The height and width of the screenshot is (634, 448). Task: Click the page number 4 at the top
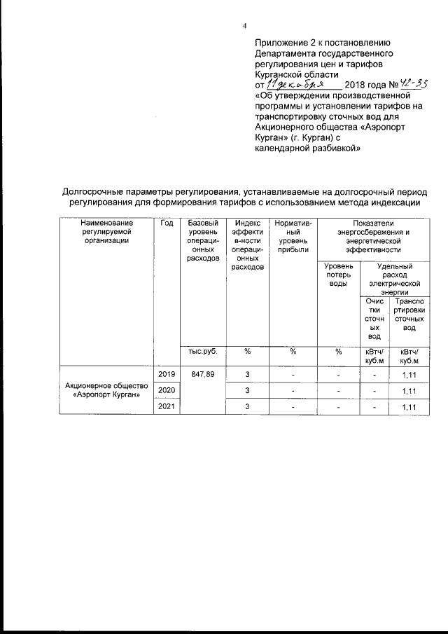(x=244, y=26)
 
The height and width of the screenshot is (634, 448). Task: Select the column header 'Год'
(x=167, y=223)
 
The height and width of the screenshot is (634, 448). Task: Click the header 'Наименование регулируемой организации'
(x=106, y=231)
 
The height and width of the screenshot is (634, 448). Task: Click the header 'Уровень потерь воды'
(x=337, y=275)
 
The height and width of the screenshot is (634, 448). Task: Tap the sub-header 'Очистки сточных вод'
(x=375, y=319)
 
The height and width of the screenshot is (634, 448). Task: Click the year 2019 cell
(x=167, y=375)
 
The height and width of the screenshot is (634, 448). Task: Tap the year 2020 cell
(x=167, y=390)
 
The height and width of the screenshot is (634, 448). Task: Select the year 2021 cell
(x=167, y=406)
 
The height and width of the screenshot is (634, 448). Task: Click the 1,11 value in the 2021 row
(x=409, y=407)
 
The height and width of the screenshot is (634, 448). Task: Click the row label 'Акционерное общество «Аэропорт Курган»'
(x=106, y=390)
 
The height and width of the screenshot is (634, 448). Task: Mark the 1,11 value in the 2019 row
(x=409, y=375)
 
